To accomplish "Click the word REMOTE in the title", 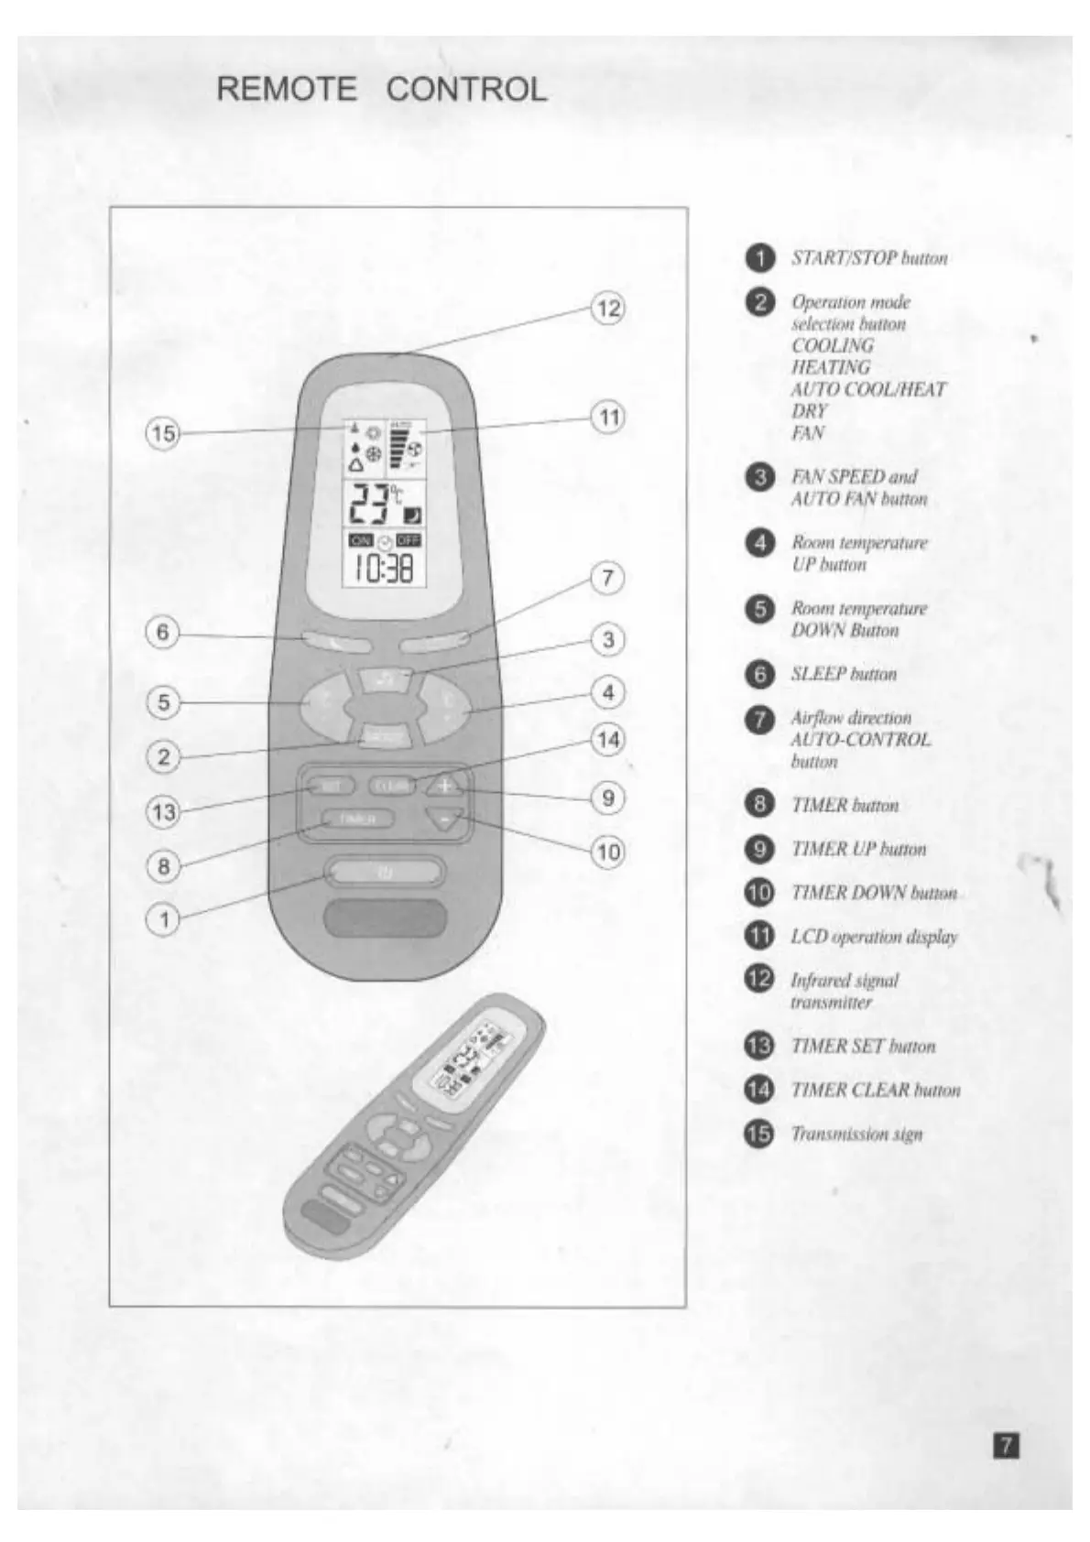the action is [287, 89].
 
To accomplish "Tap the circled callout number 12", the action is [608, 309].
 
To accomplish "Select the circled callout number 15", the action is [163, 432].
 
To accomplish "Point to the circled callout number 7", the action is [607, 578].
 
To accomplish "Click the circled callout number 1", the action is [163, 918].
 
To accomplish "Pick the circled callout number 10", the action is [608, 852].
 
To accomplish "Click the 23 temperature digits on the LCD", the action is [366, 503].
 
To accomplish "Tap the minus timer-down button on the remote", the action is [446, 819].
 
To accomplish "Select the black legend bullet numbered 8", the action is [759, 805].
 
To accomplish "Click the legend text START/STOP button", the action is [869, 258].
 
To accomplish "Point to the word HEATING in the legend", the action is [831, 367].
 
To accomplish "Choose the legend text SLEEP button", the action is [844, 674].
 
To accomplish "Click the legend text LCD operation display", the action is [874, 937].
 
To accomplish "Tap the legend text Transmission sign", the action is [856, 1134].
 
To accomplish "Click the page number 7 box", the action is [1006, 1446].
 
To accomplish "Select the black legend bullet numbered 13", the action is [759, 1046].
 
